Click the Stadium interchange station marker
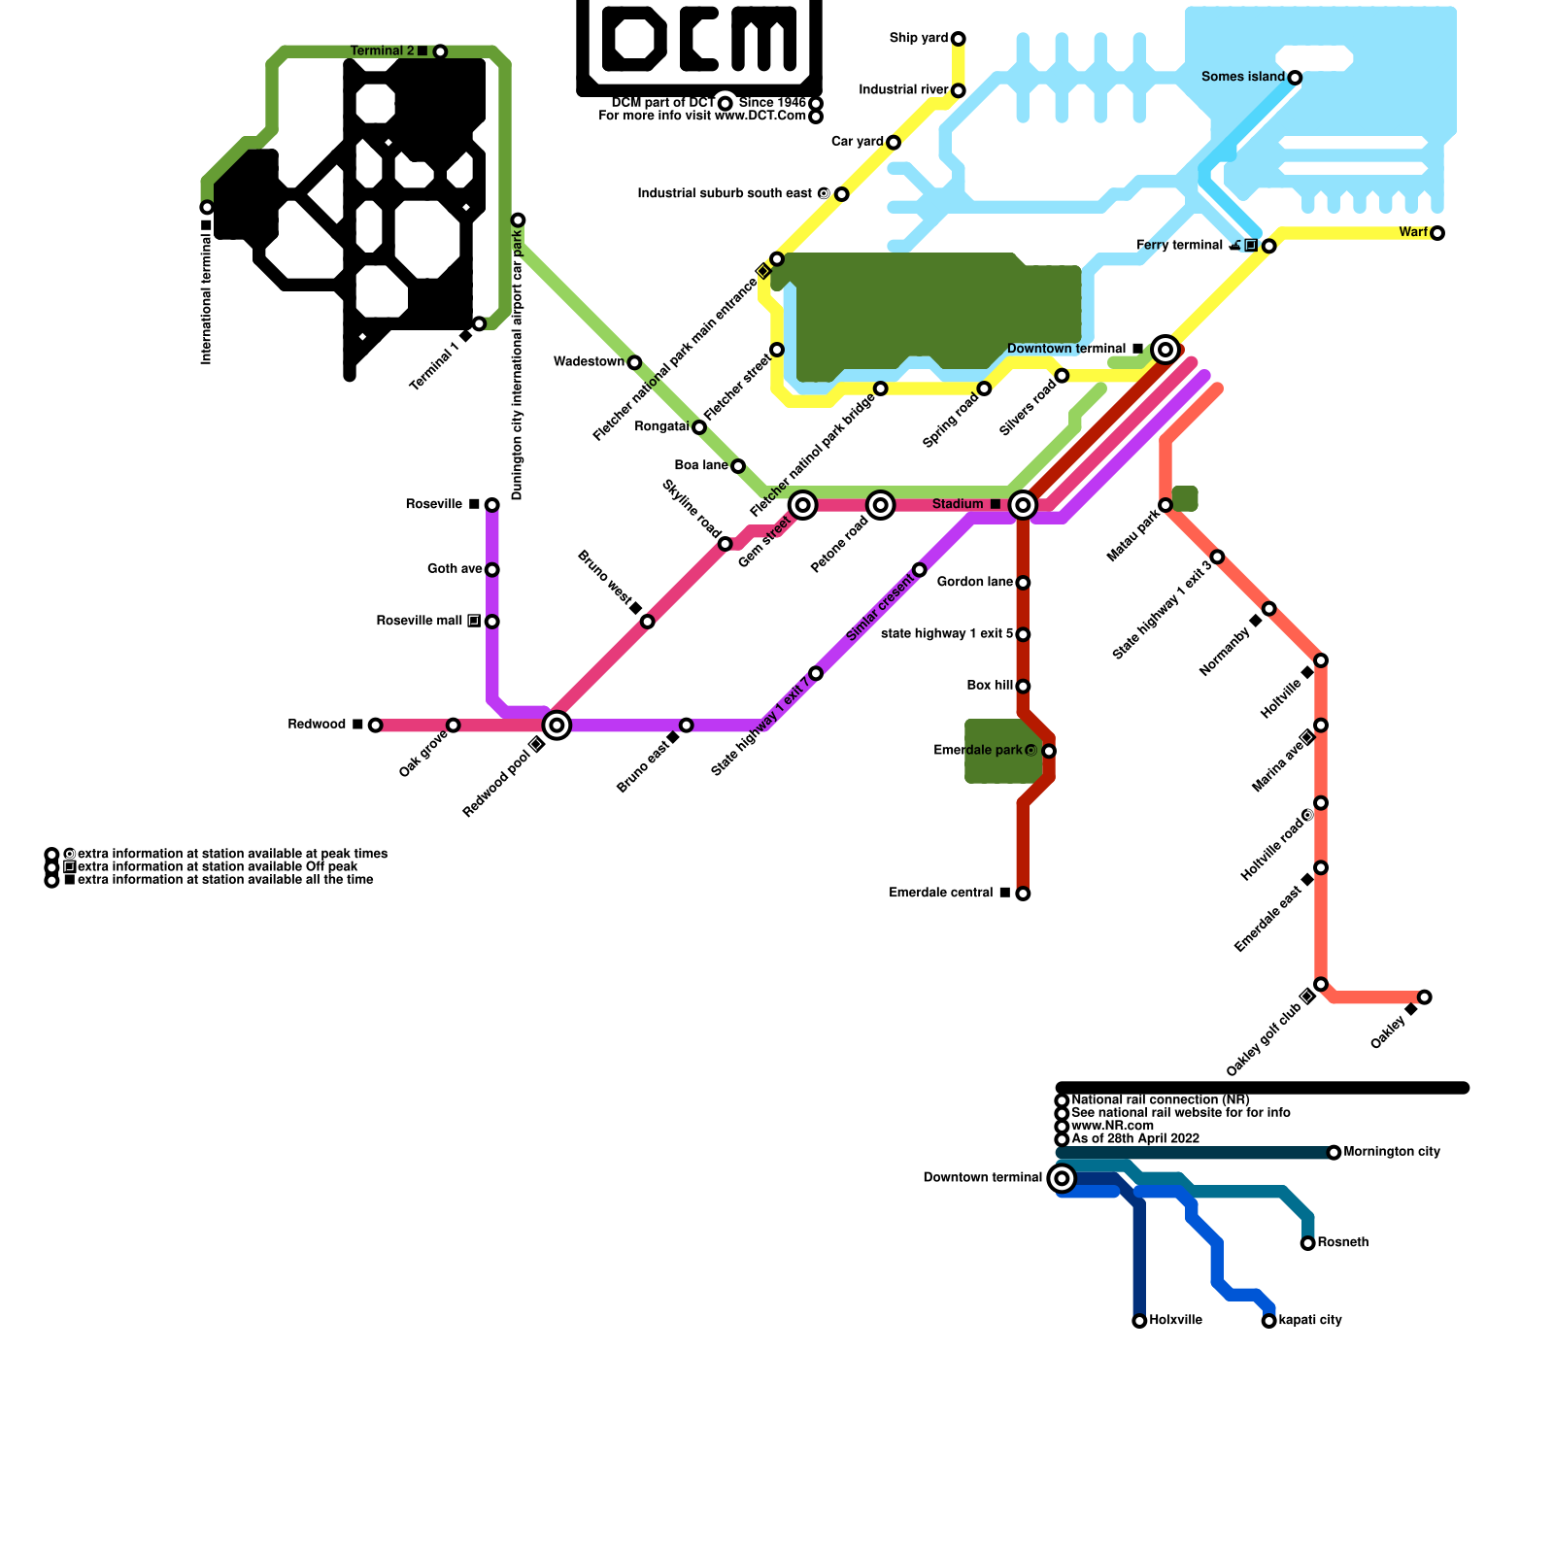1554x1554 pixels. point(1022,505)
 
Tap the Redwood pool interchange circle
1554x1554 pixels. point(557,725)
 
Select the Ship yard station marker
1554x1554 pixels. point(959,39)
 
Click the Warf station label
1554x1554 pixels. point(1413,232)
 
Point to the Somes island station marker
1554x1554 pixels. point(1295,78)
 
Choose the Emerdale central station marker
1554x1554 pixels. point(1023,894)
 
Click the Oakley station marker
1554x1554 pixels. point(1424,997)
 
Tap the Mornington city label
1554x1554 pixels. point(1392,1152)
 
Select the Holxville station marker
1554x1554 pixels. point(1139,1321)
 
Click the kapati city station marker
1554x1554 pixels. point(1268,1321)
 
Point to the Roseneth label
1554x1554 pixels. point(1343,1242)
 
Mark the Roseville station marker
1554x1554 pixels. point(492,505)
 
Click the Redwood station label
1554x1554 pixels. point(318,725)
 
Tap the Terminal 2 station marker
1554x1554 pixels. point(440,51)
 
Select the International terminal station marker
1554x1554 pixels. point(207,207)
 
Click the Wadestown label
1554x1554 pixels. point(589,362)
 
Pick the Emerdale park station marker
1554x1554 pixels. point(1049,751)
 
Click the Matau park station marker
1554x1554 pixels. point(1165,505)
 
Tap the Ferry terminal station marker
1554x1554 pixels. point(1268,246)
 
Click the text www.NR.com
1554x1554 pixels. point(1112,1126)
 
